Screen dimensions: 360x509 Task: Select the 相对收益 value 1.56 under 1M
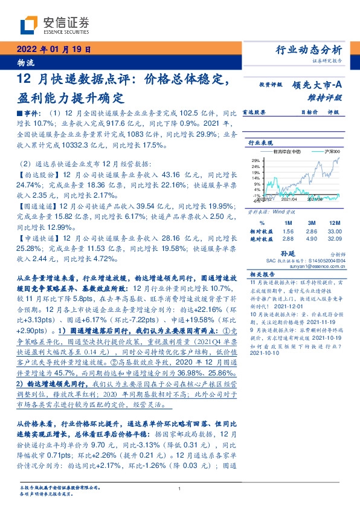click(x=288, y=215)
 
